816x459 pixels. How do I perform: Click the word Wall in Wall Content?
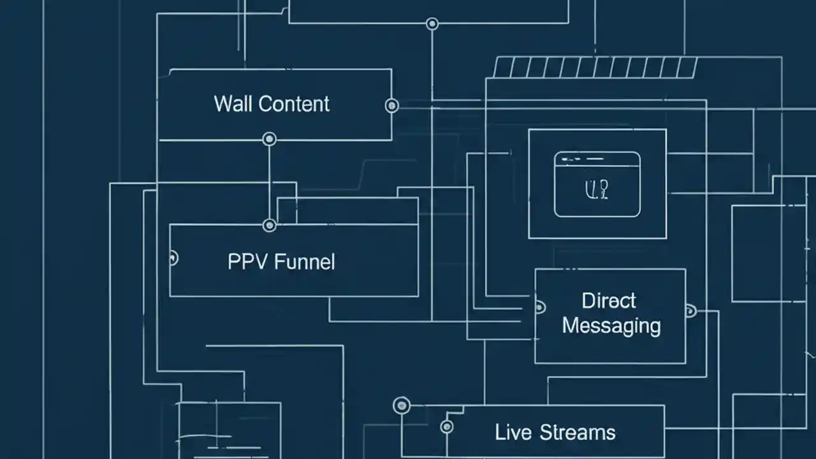(x=234, y=104)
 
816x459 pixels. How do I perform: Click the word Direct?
(x=609, y=300)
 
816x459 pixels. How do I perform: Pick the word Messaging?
(x=611, y=326)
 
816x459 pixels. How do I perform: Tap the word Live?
(x=513, y=432)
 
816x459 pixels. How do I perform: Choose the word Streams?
(x=577, y=432)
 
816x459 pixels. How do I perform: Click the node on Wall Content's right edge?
(x=392, y=106)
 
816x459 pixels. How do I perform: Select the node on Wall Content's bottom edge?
(x=270, y=139)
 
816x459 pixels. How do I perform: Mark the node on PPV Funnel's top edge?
(x=270, y=225)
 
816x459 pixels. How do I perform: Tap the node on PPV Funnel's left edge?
(x=171, y=258)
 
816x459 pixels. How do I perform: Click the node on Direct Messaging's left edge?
(x=539, y=307)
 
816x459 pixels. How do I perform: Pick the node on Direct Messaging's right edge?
(x=690, y=311)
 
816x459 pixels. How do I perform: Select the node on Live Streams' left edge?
(x=447, y=426)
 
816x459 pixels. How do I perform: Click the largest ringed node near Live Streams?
(x=402, y=405)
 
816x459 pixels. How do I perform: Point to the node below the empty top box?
(x=432, y=24)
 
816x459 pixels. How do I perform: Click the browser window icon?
(x=597, y=184)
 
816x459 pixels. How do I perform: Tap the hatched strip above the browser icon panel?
(x=595, y=67)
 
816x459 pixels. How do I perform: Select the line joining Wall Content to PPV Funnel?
(x=270, y=182)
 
